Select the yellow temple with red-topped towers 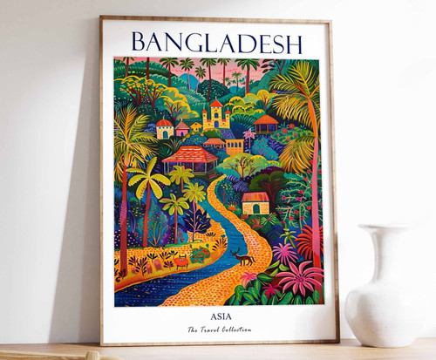tap(215, 114)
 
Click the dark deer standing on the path tap(245, 258)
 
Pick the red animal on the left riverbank tap(181, 261)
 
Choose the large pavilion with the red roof tap(190, 158)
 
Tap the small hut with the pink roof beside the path tap(255, 202)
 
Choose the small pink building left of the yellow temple tap(182, 129)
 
